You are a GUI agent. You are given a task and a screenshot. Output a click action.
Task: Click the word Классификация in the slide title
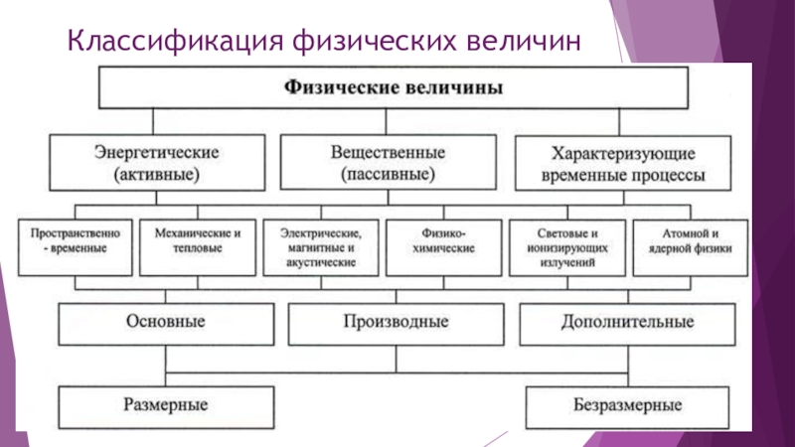175,42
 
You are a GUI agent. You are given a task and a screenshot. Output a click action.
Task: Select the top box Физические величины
394,87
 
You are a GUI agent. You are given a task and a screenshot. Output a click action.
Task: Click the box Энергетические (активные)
157,163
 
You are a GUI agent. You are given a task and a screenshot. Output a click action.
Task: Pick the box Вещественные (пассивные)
389,162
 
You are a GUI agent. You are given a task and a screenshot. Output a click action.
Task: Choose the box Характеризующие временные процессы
623,163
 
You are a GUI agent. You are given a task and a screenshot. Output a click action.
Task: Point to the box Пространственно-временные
76,247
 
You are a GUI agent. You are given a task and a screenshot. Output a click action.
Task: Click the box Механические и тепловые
198,247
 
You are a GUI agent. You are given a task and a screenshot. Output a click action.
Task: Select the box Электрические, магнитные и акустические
321,247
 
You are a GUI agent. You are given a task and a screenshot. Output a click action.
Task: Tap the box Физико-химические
444,247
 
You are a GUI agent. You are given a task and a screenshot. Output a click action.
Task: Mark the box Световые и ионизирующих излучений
567,247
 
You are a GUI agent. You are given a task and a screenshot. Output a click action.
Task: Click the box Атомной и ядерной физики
691,247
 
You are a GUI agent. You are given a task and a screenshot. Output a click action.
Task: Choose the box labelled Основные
166,325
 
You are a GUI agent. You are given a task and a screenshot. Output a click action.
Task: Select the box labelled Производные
396,325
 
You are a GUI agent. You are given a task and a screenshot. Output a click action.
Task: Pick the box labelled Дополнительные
628,325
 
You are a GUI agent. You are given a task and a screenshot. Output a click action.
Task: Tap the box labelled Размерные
166,407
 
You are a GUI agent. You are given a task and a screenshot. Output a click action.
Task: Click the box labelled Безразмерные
628,407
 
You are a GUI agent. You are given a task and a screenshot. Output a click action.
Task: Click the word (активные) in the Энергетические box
157,175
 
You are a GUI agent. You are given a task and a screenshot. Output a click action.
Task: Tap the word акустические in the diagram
321,262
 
